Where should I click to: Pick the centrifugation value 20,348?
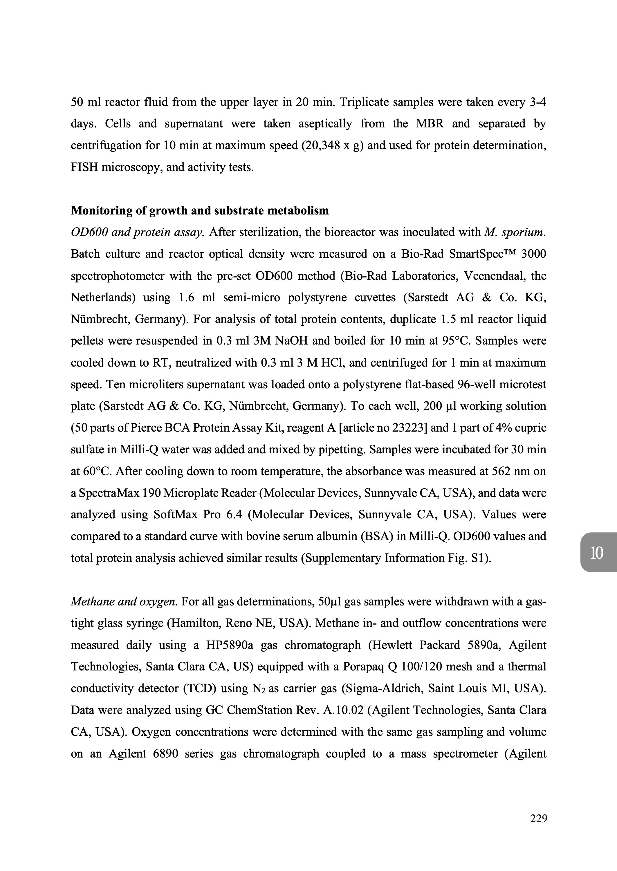[x=321, y=145]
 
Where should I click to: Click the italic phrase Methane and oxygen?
[x=124, y=602]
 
